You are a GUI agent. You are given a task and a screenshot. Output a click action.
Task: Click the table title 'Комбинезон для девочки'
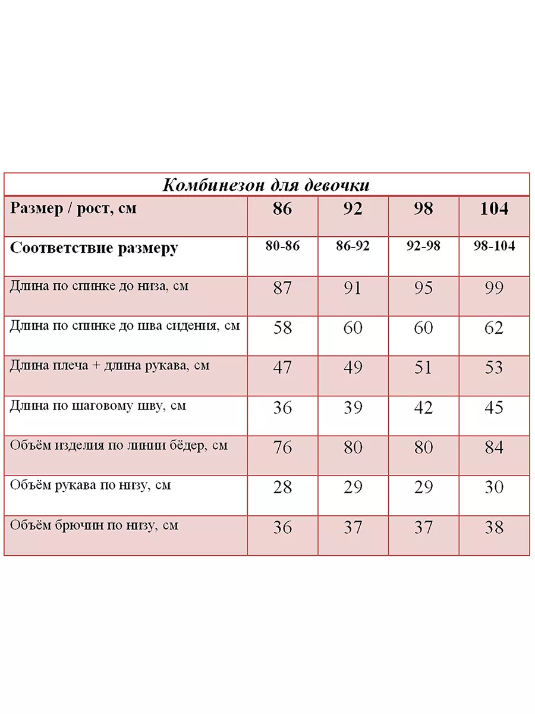click(x=266, y=184)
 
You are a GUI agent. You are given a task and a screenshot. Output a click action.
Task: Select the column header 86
click(x=282, y=209)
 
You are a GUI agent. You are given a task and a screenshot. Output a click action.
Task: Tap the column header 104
click(x=494, y=209)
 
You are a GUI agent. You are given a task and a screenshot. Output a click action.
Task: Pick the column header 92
click(x=353, y=209)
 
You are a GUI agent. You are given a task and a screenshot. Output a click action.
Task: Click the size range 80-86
click(x=282, y=246)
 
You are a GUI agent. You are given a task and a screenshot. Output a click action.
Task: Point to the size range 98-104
click(x=494, y=246)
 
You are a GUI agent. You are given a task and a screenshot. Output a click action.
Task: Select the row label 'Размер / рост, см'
click(x=74, y=209)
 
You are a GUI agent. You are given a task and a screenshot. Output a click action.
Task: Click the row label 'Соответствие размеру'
click(x=94, y=248)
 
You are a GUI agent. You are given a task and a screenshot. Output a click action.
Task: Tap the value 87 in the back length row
click(x=282, y=288)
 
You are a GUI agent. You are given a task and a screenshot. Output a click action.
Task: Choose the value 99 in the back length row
click(x=494, y=288)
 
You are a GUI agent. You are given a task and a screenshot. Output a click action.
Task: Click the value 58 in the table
click(x=282, y=328)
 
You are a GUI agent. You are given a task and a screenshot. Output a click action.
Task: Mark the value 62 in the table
click(x=494, y=328)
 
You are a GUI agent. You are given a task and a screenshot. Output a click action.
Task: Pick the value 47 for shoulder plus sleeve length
click(x=282, y=368)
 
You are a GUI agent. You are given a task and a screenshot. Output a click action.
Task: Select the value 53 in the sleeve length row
click(x=494, y=368)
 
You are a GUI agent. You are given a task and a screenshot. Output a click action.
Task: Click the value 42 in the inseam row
click(x=423, y=408)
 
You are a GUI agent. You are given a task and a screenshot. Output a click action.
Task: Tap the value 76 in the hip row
click(x=282, y=447)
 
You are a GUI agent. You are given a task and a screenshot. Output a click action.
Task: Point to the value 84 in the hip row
click(x=494, y=447)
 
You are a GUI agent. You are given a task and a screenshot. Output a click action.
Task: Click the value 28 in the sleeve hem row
click(x=282, y=487)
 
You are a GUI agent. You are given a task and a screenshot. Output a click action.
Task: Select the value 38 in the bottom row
click(x=494, y=527)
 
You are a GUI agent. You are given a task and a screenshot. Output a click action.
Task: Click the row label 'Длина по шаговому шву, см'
click(x=98, y=406)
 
